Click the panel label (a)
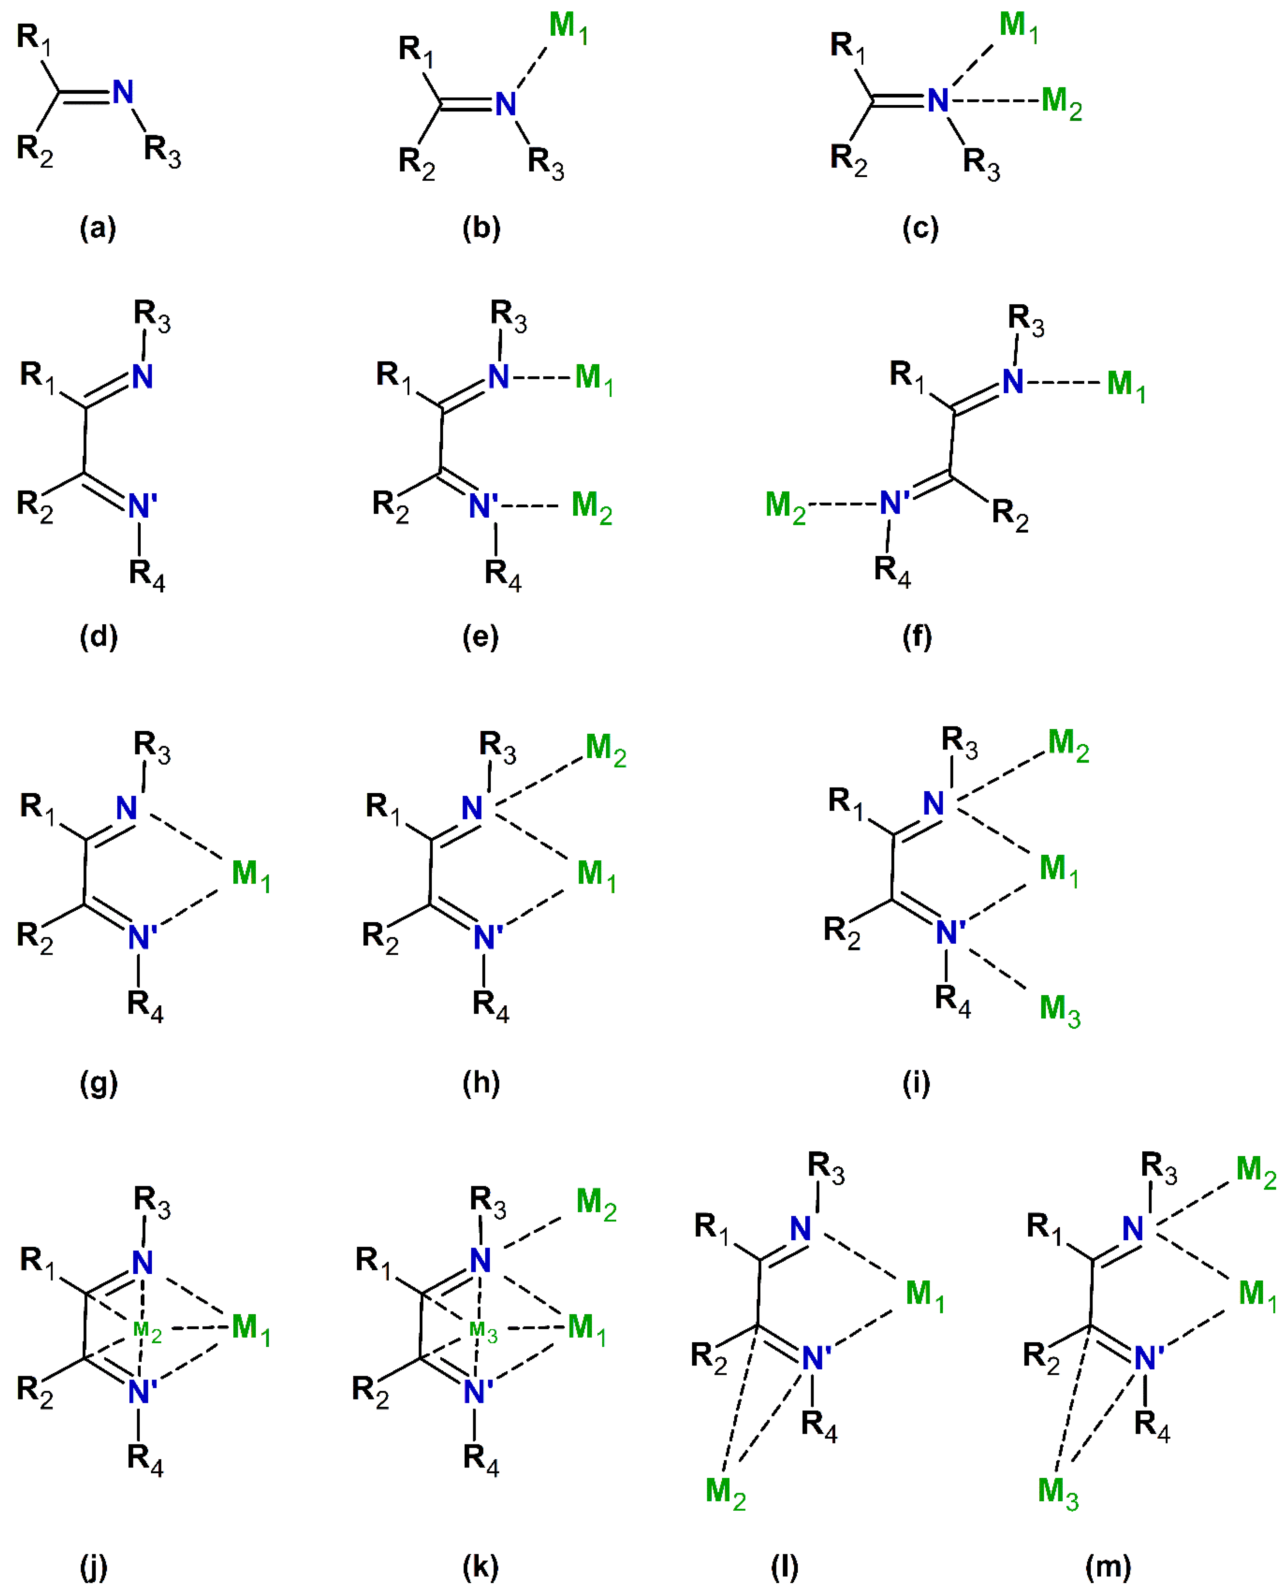pyautogui.click(x=98, y=228)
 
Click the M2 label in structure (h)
pyautogui.click(x=605, y=749)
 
